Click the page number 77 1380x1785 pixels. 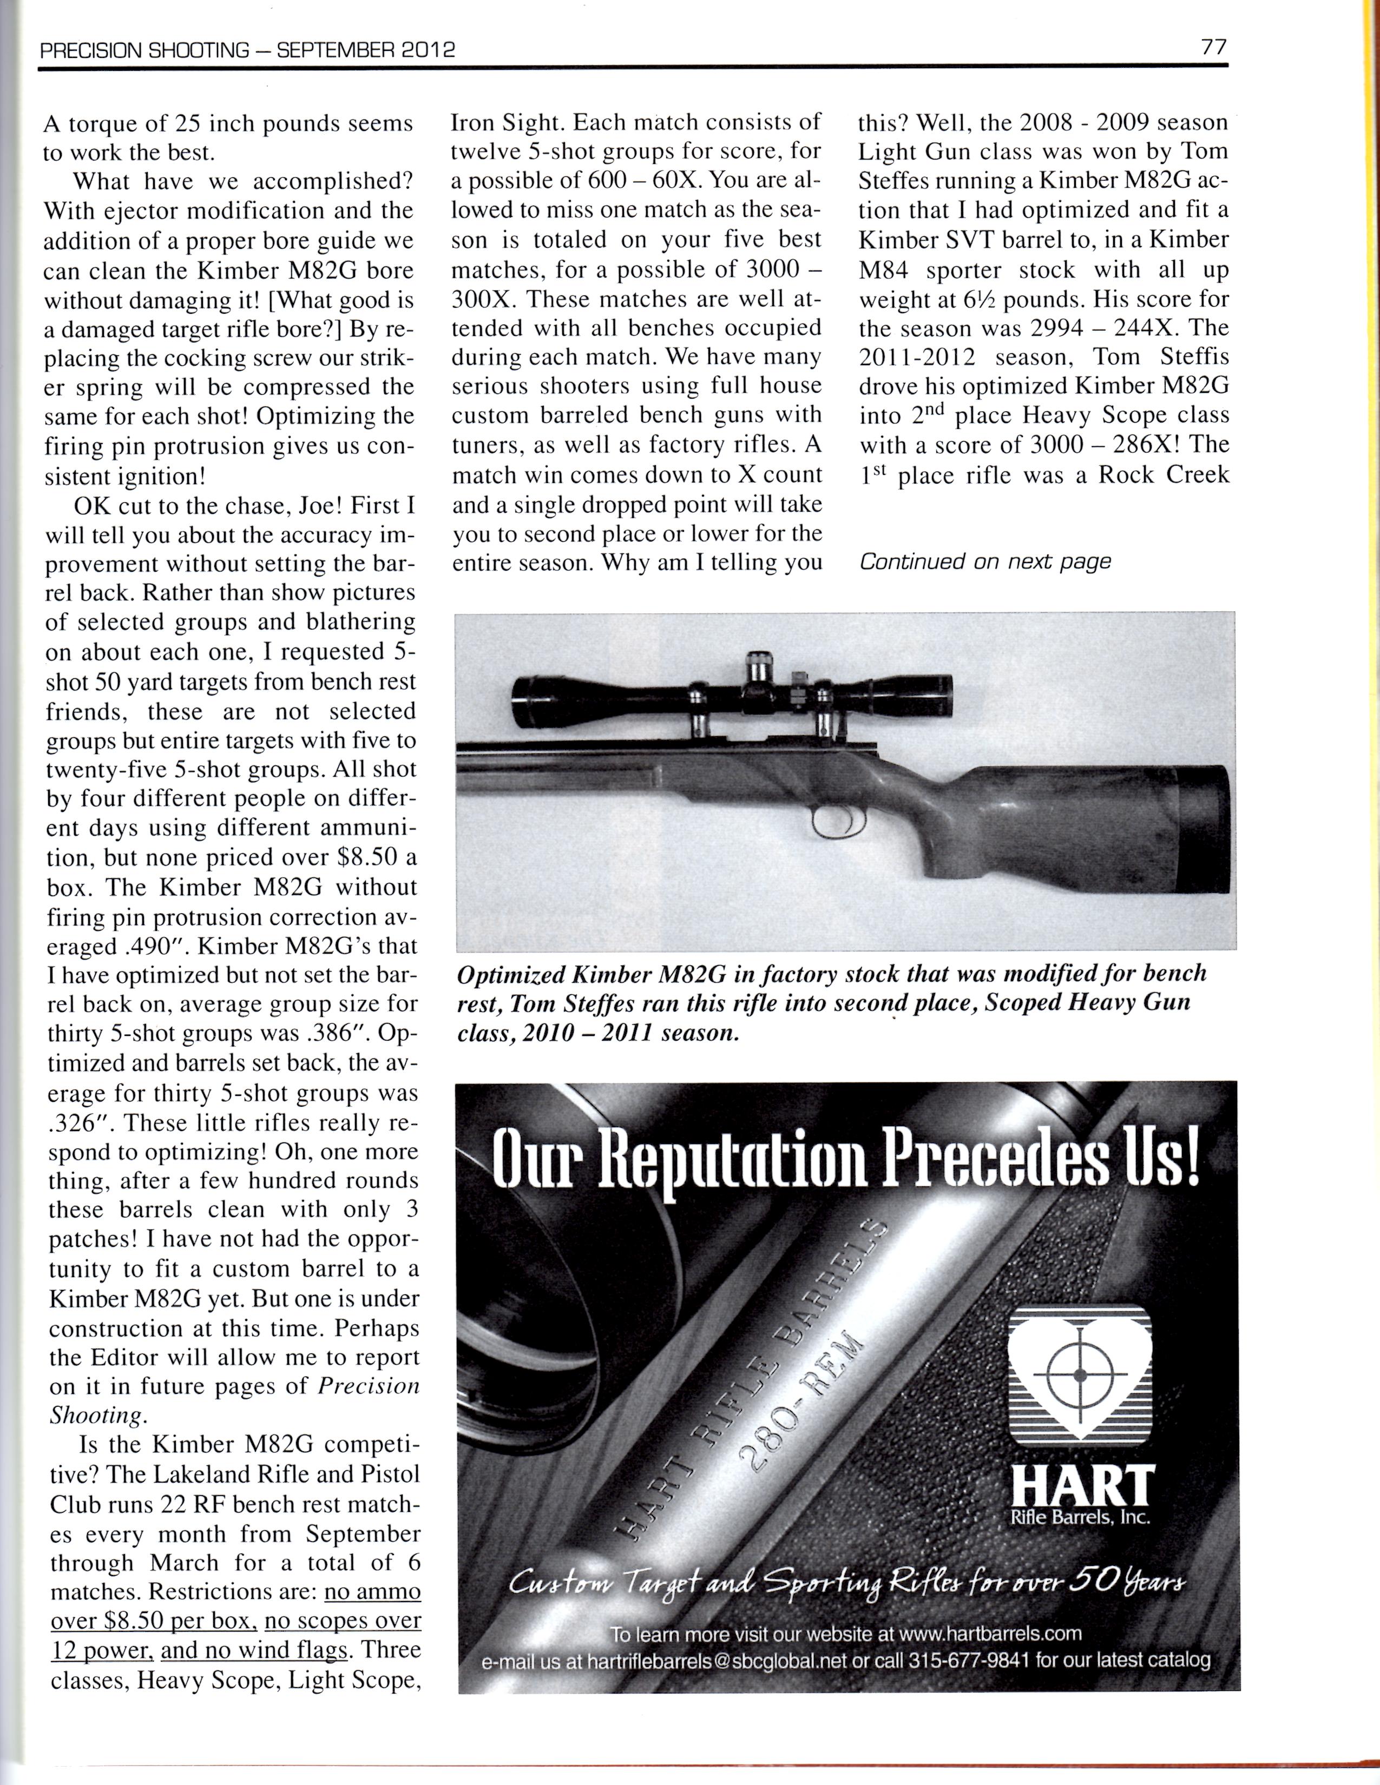(x=1214, y=48)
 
